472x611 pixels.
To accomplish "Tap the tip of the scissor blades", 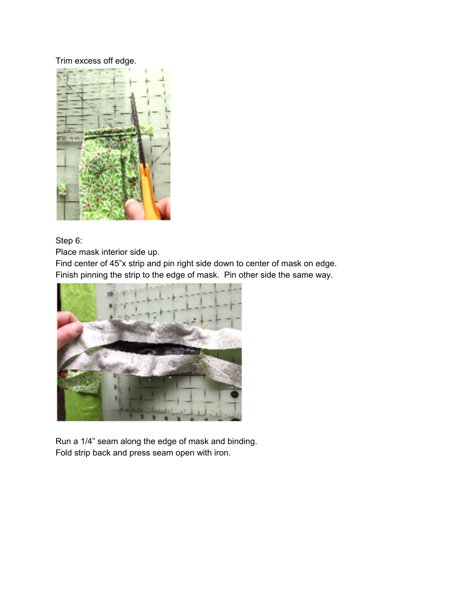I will coord(133,94).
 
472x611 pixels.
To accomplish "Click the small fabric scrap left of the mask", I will coord(62,189).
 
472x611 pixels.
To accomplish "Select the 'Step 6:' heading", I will coord(69,241).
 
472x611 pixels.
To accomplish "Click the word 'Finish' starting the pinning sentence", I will coord(67,275).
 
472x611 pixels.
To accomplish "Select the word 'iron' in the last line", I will coord(222,453).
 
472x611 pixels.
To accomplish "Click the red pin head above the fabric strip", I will coord(194,319).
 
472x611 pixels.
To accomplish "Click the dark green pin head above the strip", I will coord(155,316).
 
